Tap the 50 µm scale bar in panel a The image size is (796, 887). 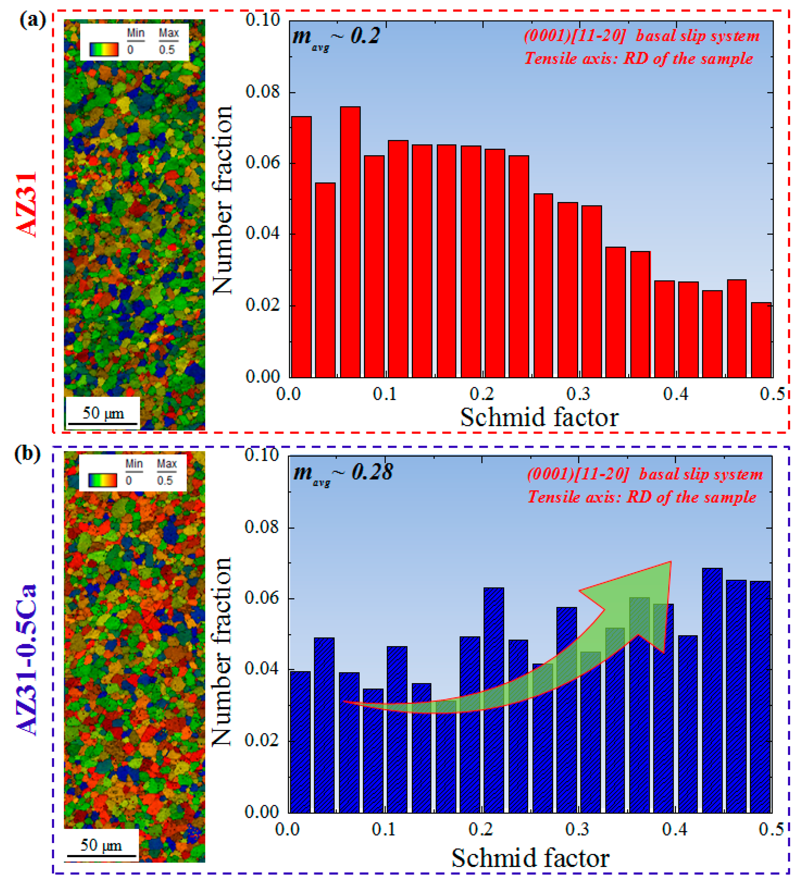pos(103,423)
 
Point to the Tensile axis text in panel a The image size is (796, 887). pos(639,58)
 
